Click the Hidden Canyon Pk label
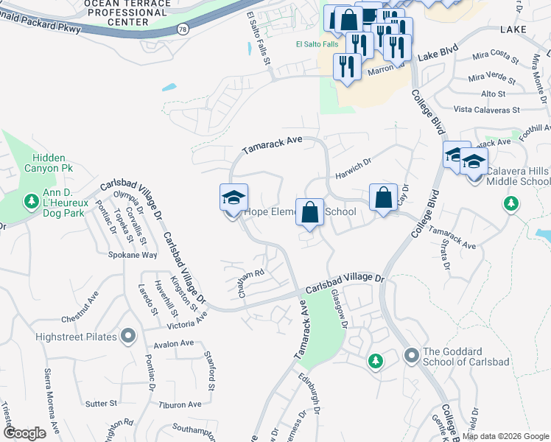[x=49, y=164]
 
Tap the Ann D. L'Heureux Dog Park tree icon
[x=32, y=201]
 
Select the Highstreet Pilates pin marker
[x=129, y=337]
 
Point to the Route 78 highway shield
[x=180, y=29]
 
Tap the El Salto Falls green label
[x=317, y=44]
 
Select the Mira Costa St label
[x=492, y=55]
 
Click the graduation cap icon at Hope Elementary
[x=234, y=197]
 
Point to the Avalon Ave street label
[x=173, y=343]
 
